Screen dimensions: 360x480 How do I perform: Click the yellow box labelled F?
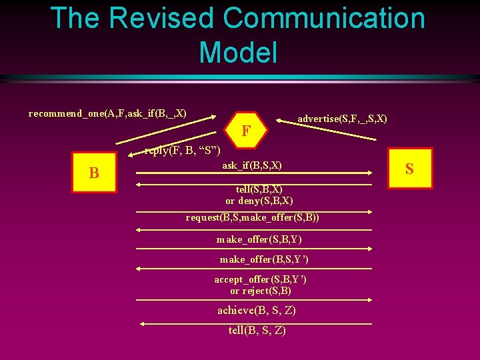point(246,130)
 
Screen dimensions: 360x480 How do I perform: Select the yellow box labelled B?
point(94,173)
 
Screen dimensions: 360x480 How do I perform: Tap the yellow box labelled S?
point(409,169)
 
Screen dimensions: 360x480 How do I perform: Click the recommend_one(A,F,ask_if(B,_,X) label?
point(107,113)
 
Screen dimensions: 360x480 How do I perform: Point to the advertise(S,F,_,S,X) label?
point(342,119)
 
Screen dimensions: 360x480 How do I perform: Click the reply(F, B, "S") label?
point(182,151)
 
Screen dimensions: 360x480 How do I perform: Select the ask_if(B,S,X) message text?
point(251,165)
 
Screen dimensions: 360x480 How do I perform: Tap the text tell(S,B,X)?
point(259,189)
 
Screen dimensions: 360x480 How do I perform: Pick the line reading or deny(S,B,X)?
point(259,201)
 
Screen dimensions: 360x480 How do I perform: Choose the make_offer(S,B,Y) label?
point(259,239)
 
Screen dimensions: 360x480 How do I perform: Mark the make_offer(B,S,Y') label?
point(264,259)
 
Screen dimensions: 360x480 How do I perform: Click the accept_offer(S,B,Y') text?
point(261,279)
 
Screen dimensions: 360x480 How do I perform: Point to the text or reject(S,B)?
point(261,291)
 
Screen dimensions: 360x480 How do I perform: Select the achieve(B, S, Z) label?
point(257,311)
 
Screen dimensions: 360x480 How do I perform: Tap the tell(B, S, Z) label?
point(257,331)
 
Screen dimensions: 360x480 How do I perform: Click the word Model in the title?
point(238,52)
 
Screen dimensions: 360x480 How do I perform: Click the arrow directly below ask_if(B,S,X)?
point(253,173)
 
